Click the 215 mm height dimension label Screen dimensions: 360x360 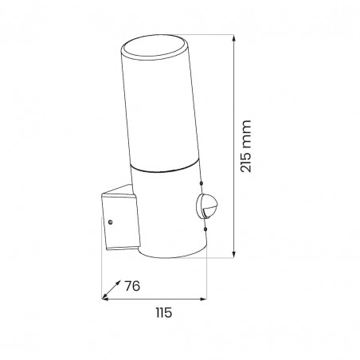pyautogui.click(x=245, y=147)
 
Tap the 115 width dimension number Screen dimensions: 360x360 pyautogui.click(x=164, y=313)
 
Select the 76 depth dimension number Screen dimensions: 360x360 pyautogui.click(x=132, y=286)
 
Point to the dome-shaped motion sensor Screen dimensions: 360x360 pyautogui.click(x=207, y=205)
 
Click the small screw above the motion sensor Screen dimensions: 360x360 pyautogui.click(x=202, y=183)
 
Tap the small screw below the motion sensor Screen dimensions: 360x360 pyautogui.click(x=205, y=229)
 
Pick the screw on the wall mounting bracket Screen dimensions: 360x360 pyautogui.click(x=111, y=222)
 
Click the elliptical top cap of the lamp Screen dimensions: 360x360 pyautogui.click(x=155, y=47)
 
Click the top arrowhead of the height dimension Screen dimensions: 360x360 pyautogui.click(x=233, y=38)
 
